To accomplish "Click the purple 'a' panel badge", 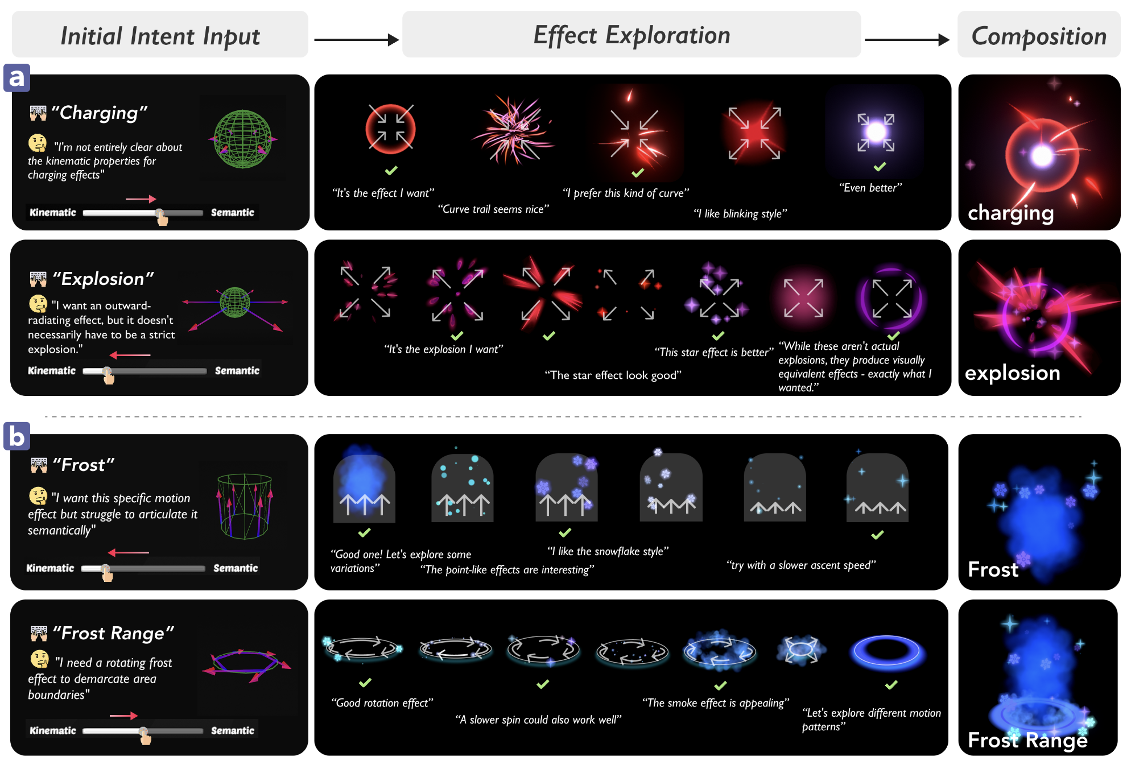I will click(x=16, y=77).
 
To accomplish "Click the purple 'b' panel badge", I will click(x=16, y=436).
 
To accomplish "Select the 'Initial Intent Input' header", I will click(x=160, y=35).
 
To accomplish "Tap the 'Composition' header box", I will click(x=1038, y=35).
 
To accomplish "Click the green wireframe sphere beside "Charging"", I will click(x=243, y=139).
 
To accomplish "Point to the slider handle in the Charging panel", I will click(x=160, y=213).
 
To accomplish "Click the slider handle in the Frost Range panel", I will click(x=143, y=731).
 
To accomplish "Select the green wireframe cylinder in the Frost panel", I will click(x=245, y=506).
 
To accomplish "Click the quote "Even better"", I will click(x=870, y=188).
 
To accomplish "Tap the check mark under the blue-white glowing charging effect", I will click(x=880, y=167).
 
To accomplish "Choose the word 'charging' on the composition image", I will click(x=1010, y=213).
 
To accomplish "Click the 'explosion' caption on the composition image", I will click(x=1012, y=373).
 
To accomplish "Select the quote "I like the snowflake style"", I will click(x=608, y=551).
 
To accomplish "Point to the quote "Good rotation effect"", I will click(x=382, y=703).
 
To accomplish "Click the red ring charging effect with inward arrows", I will click(x=390, y=129).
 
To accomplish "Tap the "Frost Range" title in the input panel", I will click(x=113, y=633).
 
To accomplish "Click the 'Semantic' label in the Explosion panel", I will click(x=237, y=371).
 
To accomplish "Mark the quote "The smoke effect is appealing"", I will click(x=715, y=703).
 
